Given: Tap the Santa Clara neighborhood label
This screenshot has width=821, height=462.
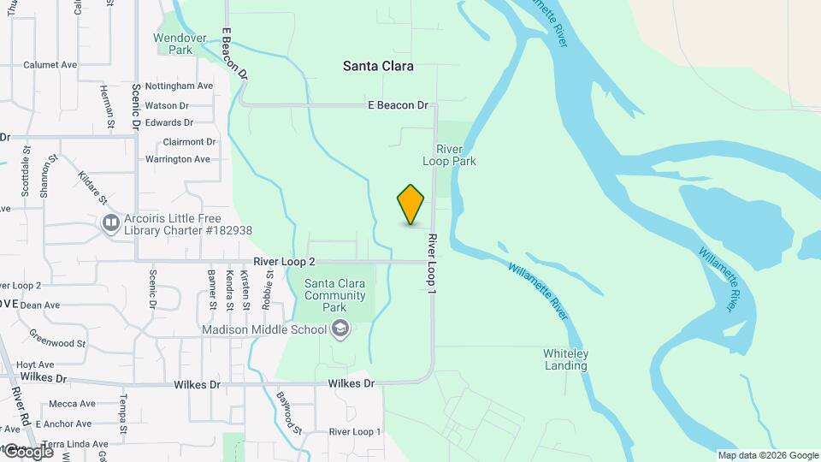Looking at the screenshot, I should pos(378,66).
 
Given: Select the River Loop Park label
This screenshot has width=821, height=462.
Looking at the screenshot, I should pos(449,155).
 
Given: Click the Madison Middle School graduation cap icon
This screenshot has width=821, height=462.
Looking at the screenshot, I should pos(340,329).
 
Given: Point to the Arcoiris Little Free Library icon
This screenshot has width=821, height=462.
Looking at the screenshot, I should pos(110,224).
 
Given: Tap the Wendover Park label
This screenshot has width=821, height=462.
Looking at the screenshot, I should pos(173,44).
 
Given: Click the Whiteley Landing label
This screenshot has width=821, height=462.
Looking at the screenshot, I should pos(565,359).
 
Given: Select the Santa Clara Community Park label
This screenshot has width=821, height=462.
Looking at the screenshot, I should pos(335,296).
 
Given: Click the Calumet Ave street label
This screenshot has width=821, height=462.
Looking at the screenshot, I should pos(50,65).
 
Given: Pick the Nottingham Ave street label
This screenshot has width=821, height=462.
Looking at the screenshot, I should pos(179,86).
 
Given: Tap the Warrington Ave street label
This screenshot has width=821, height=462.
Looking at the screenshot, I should pos(177,159).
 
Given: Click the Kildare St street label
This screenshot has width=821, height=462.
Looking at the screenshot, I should pos(92,187).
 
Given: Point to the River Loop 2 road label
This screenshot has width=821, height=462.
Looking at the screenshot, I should pos(284,262).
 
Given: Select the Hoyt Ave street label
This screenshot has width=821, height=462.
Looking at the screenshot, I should pos(35,364).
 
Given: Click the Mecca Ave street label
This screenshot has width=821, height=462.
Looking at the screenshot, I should pos(72,403).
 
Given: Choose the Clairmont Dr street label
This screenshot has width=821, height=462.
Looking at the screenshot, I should pos(189,142).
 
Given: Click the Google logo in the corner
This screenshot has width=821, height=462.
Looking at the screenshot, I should pos(28,451).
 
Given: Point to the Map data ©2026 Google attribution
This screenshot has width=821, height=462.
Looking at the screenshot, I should pos(768,455).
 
